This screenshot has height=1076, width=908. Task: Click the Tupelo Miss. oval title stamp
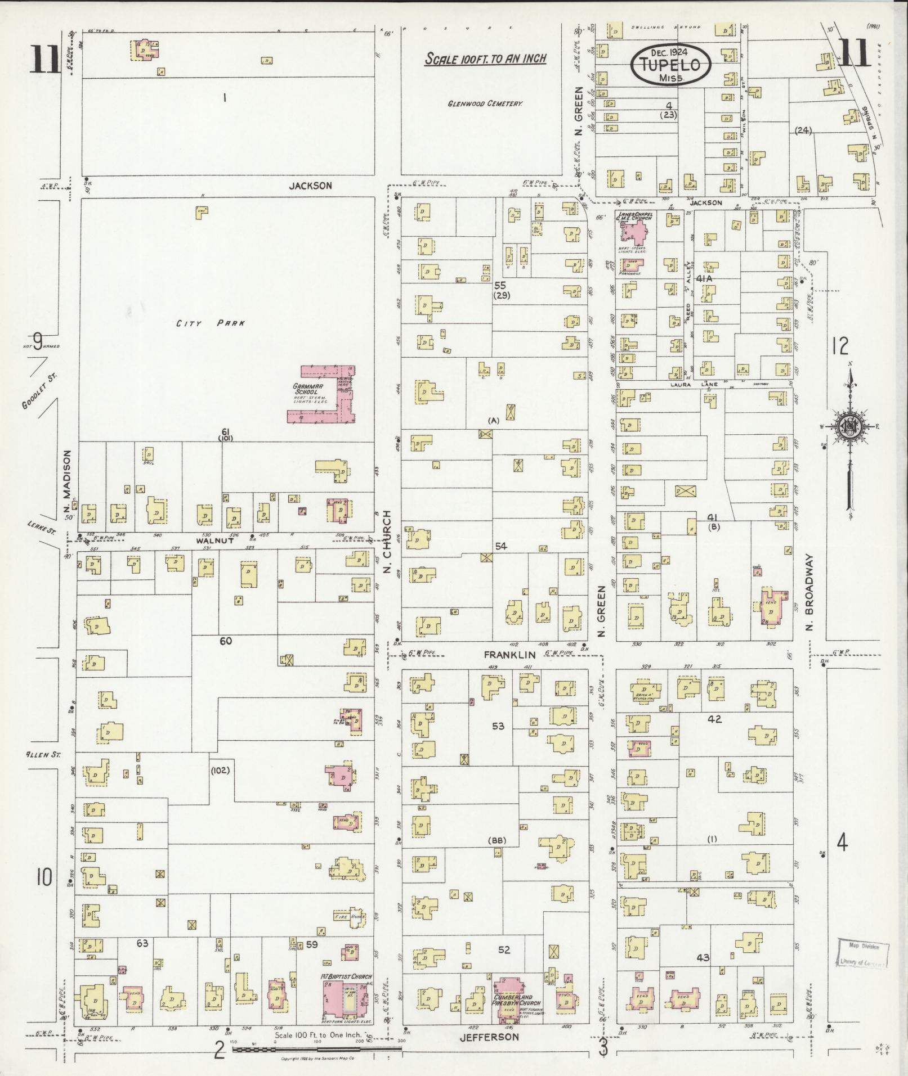pos(671,65)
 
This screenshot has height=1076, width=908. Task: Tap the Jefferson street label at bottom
pos(488,1037)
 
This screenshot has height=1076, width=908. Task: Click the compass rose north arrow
pos(849,426)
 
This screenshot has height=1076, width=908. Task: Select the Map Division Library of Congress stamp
pos(862,953)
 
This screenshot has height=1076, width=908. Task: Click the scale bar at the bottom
pos(315,1049)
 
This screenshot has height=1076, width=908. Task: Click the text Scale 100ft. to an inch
pos(485,58)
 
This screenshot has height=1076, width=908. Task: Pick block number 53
pos(498,726)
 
